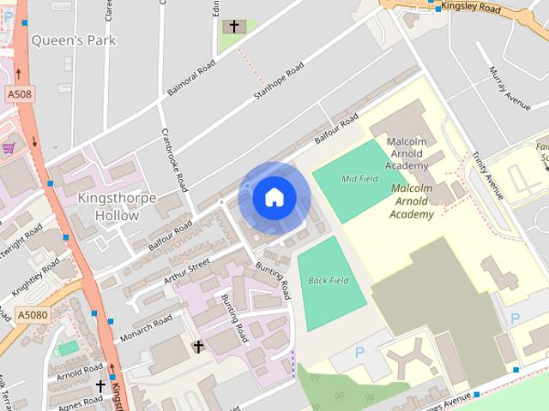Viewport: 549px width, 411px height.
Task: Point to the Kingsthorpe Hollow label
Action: coord(117,206)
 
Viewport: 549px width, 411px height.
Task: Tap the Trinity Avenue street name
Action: coord(487,171)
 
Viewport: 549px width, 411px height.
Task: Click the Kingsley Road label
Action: coord(470,8)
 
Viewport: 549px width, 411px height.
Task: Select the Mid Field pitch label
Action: coord(359,179)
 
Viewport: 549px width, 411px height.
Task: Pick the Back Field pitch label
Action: coord(329,280)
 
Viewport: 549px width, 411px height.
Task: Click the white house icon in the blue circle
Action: coord(274,197)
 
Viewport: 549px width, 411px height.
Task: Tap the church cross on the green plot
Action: coord(232,27)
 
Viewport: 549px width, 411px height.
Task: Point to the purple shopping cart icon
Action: coord(8,147)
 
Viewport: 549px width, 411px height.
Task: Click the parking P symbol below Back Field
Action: coord(359,353)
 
